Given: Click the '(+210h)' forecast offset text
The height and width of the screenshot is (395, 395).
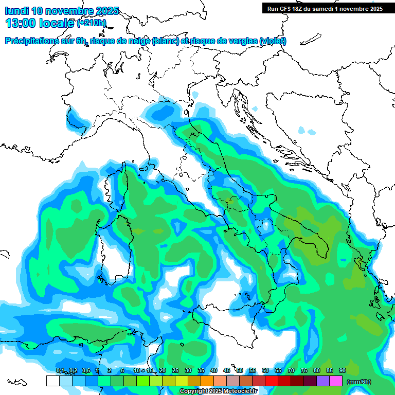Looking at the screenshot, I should (92, 23).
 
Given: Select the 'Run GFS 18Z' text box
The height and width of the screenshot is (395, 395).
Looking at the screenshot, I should (325, 8).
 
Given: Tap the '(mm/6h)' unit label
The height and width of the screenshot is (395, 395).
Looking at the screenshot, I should (358, 382).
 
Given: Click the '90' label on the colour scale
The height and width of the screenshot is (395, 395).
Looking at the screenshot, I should (342, 370).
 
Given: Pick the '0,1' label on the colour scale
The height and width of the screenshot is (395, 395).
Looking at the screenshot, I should (60, 370).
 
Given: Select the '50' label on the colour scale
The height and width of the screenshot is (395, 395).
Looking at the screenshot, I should (239, 370).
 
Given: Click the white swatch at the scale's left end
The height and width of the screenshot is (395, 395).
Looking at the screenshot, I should (52, 381).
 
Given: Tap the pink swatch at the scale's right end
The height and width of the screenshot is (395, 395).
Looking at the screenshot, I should (336, 381).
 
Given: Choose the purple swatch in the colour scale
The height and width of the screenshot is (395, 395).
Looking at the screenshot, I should (323, 381).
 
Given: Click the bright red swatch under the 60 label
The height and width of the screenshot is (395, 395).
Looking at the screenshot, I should (272, 381).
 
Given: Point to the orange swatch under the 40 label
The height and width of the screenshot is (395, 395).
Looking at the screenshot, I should (207, 381).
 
